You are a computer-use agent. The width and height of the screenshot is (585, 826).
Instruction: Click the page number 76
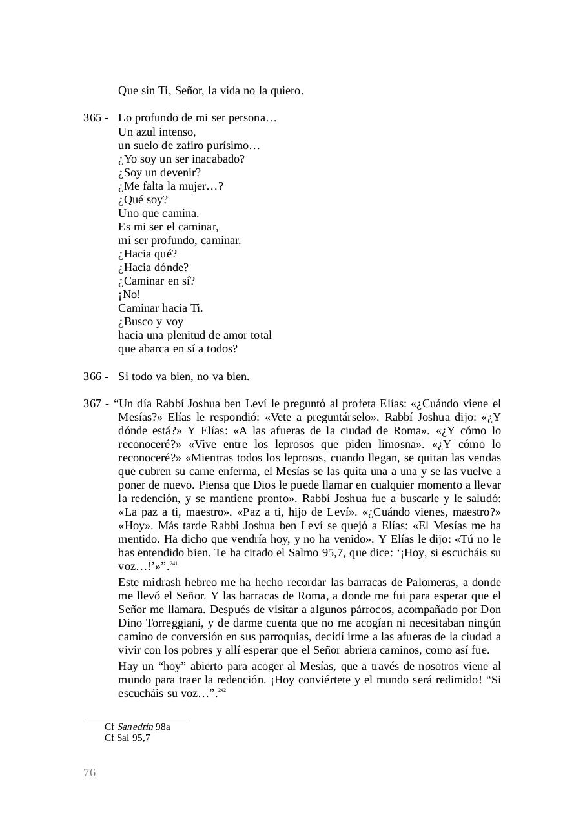89,773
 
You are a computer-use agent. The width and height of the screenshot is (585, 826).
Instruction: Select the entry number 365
92,118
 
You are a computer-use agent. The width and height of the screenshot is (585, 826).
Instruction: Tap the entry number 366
92,376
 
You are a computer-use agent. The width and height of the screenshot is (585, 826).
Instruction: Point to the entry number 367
92,403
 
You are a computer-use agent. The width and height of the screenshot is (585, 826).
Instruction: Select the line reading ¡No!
129,295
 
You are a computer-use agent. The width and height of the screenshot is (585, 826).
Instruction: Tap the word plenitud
188,336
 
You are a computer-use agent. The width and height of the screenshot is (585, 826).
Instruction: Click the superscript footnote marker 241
174,564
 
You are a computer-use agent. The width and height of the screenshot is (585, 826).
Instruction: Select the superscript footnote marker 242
222,690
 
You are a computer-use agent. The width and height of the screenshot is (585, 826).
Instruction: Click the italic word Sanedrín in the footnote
134,727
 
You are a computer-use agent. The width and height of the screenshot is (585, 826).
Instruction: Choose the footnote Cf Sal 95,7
127,738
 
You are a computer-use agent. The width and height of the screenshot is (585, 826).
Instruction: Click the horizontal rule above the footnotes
136,720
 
